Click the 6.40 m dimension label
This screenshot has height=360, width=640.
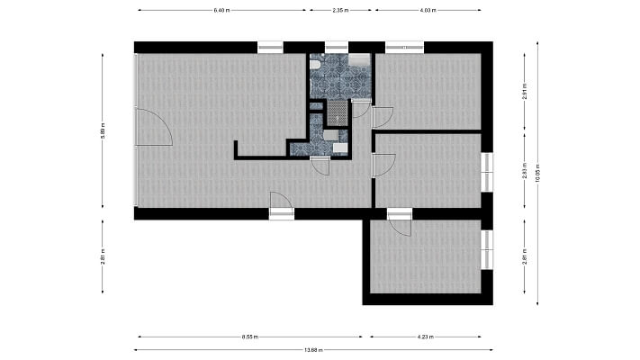pyautogui.click(x=221, y=10)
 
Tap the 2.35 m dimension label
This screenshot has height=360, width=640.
pyautogui.click(x=340, y=10)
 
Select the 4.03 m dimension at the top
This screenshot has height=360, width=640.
pyautogui.click(x=428, y=10)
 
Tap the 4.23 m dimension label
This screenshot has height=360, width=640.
pyautogui.click(x=427, y=337)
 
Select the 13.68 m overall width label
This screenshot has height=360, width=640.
pyautogui.click(x=313, y=351)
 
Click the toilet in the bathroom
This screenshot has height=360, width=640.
pyautogui.click(x=315, y=65)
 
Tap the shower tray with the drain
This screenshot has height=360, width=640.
pyautogui.click(x=338, y=112)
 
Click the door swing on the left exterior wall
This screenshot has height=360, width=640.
pyautogui.click(x=153, y=128)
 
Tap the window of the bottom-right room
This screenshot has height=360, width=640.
pyautogui.click(x=487, y=249)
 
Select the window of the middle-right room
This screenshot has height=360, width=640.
pyautogui.click(x=487, y=171)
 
